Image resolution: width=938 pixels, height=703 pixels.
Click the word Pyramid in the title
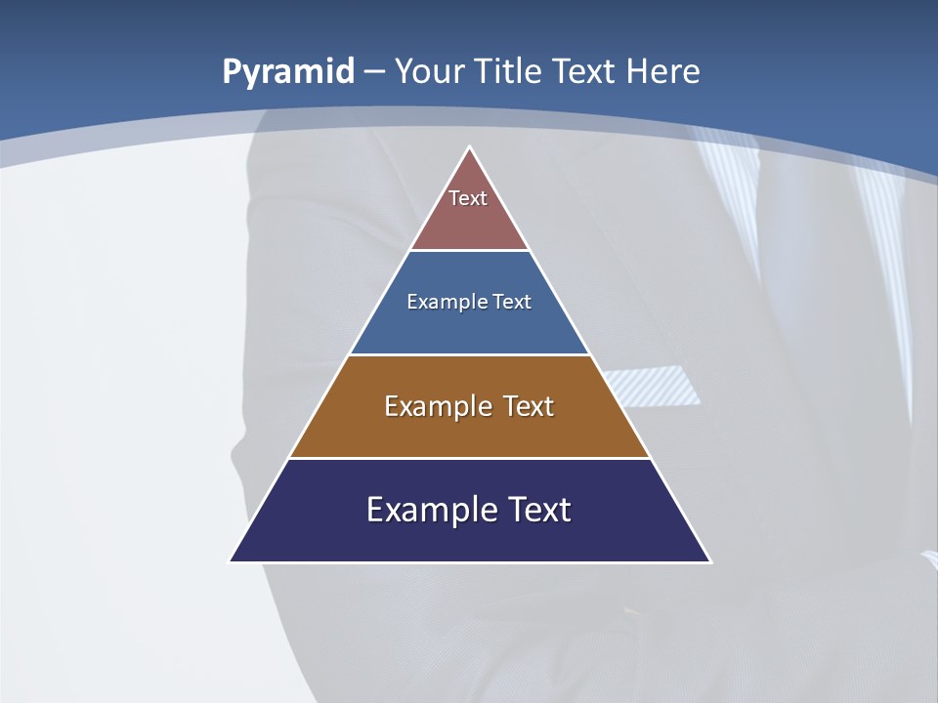pos(288,72)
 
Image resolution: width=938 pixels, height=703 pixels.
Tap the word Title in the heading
pos(508,71)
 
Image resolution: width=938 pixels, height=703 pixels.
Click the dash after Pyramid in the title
pos(374,72)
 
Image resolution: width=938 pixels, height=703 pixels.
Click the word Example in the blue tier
pos(442,303)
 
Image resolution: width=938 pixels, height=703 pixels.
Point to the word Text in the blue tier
pos(512,303)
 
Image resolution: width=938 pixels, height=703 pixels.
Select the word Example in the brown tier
pos(436,406)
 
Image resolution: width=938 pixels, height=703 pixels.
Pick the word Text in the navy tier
pos(537,510)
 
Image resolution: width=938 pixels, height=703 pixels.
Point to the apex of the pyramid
pos(470,148)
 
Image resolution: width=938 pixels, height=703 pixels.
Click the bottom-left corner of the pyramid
pos(232,560)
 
